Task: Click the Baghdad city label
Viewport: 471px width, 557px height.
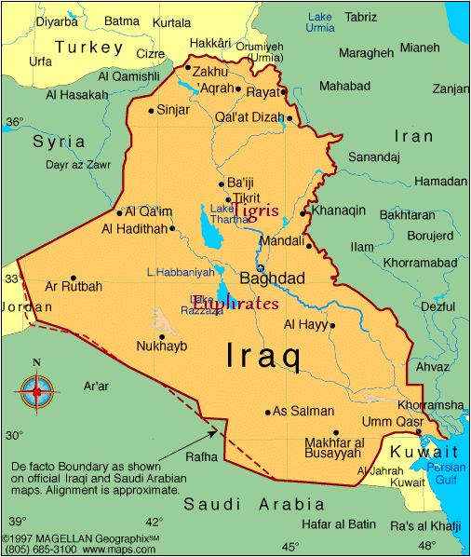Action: click(x=272, y=278)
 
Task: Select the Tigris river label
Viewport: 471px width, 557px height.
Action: click(x=255, y=211)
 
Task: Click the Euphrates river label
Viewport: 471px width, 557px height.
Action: click(x=236, y=304)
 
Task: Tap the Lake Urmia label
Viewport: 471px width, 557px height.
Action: click(x=320, y=22)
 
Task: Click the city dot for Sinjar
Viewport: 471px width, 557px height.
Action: click(x=151, y=111)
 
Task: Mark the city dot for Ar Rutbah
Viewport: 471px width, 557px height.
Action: click(x=74, y=278)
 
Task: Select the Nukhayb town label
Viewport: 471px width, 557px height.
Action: click(x=162, y=346)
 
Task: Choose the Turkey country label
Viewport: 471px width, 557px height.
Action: click(x=89, y=47)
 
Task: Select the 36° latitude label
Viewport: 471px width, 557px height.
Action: click(x=14, y=122)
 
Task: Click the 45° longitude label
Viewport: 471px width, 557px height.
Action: click(x=290, y=547)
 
